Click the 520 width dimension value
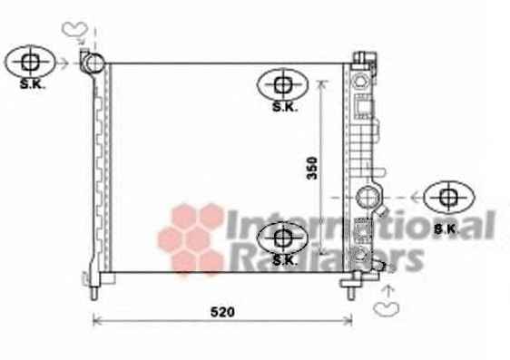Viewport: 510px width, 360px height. pos(222,312)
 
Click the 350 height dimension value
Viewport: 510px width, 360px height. pos(312,168)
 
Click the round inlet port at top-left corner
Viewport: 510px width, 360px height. pos(94,63)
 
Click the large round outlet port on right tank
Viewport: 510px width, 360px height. pos(367,197)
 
